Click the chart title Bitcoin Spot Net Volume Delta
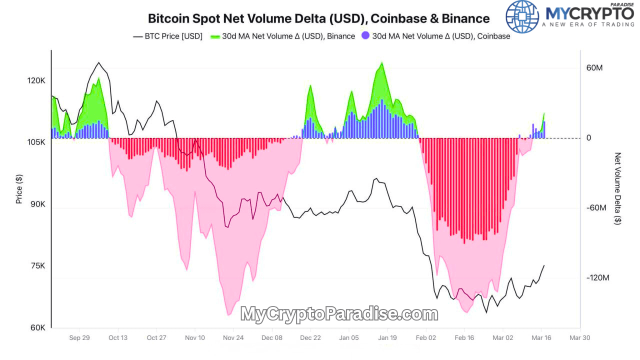tap(318, 18)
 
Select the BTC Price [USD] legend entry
tap(167, 36)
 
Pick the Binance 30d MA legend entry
tap(282, 36)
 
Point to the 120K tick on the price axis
tap(36, 80)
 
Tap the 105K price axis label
tap(36, 142)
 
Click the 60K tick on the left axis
tap(38, 328)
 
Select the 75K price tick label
tap(37, 266)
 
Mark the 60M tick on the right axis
tap(594, 67)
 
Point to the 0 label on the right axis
tap(588, 138)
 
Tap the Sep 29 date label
tap(79, 338)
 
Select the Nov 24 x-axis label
tap(233, 338)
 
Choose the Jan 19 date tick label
tap(387, 338)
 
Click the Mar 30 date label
tap(579, 338)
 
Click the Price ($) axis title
tap(19, 188)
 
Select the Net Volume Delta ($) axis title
tap(618, 188)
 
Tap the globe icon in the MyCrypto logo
tap(522, 16)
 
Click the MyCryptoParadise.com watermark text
tap(339, 314)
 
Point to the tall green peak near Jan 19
tap(382, 65)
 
